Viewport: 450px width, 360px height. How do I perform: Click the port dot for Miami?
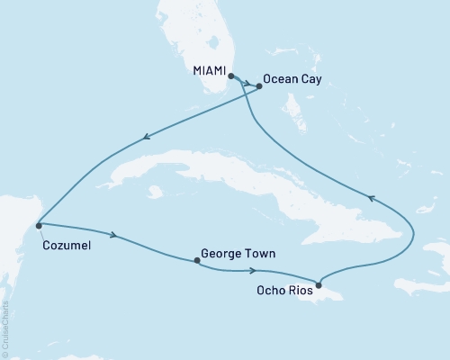pyautogui.click(x=231, y=77)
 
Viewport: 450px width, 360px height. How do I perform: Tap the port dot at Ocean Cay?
pyautogui.click(x=259, y=86)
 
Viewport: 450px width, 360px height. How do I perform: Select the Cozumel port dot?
pyautogui.click(x=38, y=224)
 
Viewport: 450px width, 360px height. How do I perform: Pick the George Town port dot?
pyautogui.click(x=196, y=261)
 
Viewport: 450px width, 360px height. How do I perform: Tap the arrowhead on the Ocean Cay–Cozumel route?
pyautogui.click(x=143, y=138)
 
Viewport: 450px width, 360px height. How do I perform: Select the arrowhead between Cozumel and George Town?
pyautogui.click(x=114, y=236)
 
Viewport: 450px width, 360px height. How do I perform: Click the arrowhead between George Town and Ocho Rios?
pyautogui.click(x=256, y=270)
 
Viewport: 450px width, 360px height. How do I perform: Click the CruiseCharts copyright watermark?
pyautogui.click(x=5, y=328)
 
